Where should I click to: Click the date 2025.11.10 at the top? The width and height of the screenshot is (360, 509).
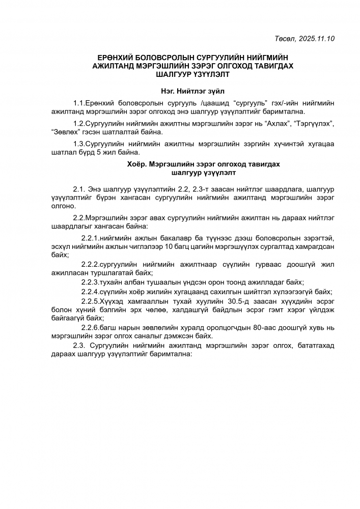tap(317, 38)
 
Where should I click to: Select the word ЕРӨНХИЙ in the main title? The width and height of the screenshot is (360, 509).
tap(115, 59)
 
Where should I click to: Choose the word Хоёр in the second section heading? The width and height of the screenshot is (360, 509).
tap(136, 164)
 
